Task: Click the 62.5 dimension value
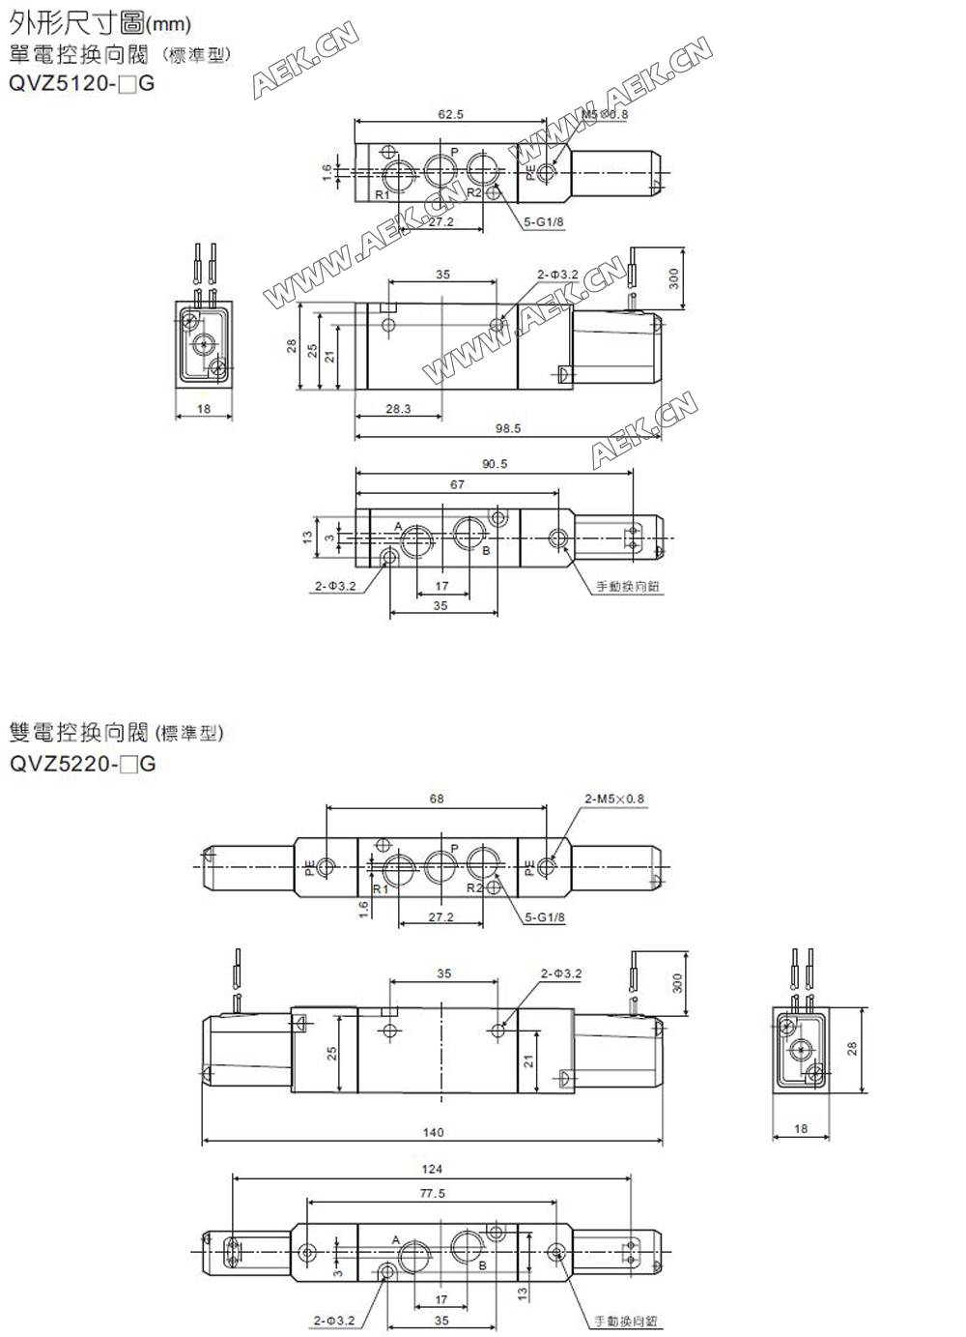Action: pos(450,114)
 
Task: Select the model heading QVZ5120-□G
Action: pos(81,83)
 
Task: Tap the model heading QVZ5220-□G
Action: pos(82,764)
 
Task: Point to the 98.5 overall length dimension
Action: pos(508,427)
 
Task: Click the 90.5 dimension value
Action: pos(495,464)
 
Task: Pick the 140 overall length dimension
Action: pos(433,1132)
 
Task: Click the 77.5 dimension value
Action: pos(432,1193)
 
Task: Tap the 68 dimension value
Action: pos(437,799)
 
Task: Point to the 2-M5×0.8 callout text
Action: pos(613,799)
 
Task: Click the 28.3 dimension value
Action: pos(398,409)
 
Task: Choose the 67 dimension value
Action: pos(457,484)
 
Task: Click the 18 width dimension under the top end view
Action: pos(204,409)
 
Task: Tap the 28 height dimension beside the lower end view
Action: pos(853,1048)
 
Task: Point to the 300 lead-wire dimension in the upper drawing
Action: pos(674,278)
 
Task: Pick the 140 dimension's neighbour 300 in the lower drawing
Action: pos(677,983)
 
